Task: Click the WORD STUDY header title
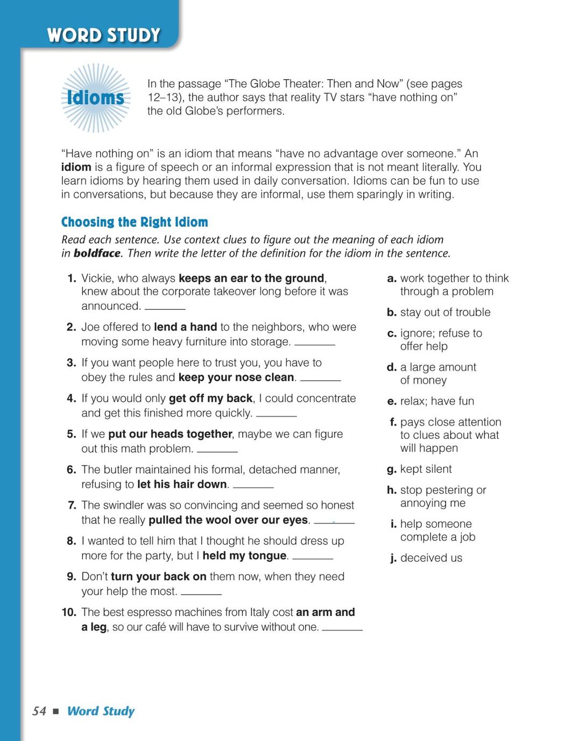point(103,36)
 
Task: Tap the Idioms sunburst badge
point(96,97)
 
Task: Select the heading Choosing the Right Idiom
point(135,222)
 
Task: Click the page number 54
point(39,711)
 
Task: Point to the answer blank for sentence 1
point(165,307)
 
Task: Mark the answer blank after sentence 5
point(217,450)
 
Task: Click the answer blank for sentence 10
point(342,628)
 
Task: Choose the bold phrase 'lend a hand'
point(185,327)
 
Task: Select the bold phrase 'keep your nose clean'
point(236,378)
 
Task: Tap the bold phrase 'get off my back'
point(210,399)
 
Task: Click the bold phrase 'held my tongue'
point(245,556)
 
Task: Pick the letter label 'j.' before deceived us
point(393,558)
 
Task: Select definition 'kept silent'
point(426,469)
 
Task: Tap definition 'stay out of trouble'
point(445,312)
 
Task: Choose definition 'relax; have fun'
point(437,401)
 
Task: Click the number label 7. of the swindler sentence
point(72,505)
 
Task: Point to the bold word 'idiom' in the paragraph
point(76,167)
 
